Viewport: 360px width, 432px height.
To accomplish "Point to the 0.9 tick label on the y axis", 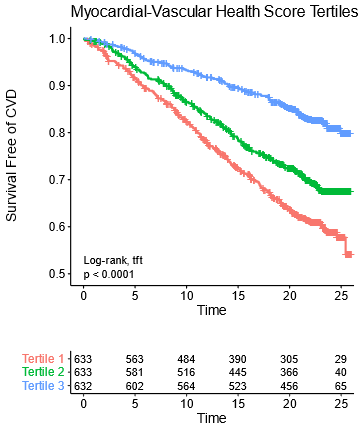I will (59, 85).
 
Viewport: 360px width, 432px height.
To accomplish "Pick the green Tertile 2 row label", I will (43, 372).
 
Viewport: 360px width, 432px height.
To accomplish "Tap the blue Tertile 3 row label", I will (43, 386).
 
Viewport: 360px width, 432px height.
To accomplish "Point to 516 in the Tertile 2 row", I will (186, 372).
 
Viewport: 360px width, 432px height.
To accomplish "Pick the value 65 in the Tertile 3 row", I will (340, 386).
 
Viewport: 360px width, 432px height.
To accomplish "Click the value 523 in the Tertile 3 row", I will (237, 386).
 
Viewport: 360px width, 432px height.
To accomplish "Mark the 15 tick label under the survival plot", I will (237, 297).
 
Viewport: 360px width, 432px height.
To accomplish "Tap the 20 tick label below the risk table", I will (288, 403).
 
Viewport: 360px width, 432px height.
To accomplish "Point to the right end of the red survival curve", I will (349, 255).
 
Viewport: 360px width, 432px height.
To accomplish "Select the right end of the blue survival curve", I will (349, 133).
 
